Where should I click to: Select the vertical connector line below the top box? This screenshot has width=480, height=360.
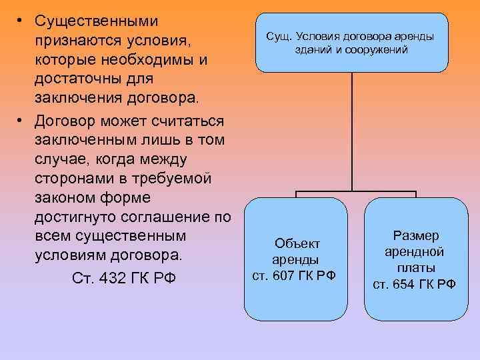pyautogui.click(x=351, y=127)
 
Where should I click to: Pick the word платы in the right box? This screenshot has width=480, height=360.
pyautogui.click(x=414, y=267)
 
